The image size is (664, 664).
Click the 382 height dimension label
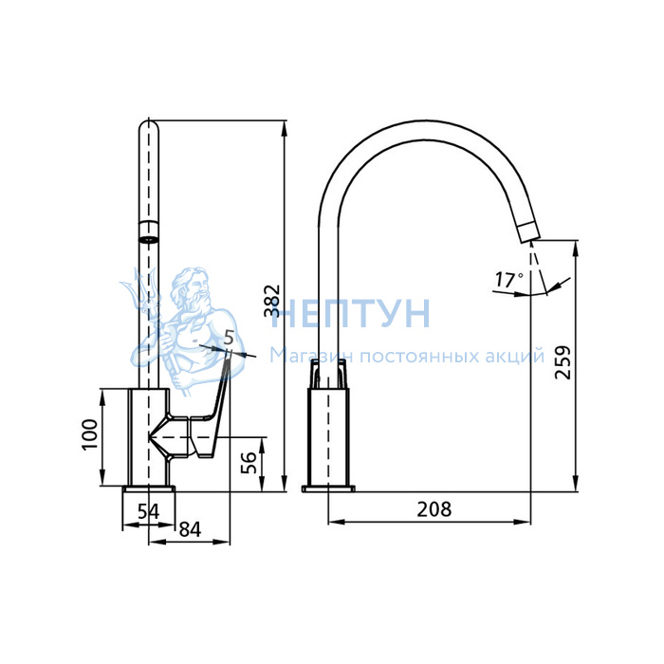pyautogui.click(x=272, y=301)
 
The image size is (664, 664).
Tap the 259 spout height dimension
pyautogui.click(x=563, y=362)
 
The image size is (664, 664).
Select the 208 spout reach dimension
pyautogui.click(x=434, y=509)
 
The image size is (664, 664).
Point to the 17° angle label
pyautogui.click(x=508, y=280)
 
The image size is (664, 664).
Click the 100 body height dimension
pyautogui.click(x=90, y=434)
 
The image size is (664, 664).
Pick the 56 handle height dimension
pyautogui.click(x=249, y=463)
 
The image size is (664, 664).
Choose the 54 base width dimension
pyautogui.click(x=149, y=511)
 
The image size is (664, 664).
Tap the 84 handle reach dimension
pyautogui.click(x=190, y=529)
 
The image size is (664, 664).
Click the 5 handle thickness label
pyautogui.click(x=229, y=338)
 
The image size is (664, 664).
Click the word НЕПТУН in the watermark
pyautogui.click(x=351, y=313)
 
